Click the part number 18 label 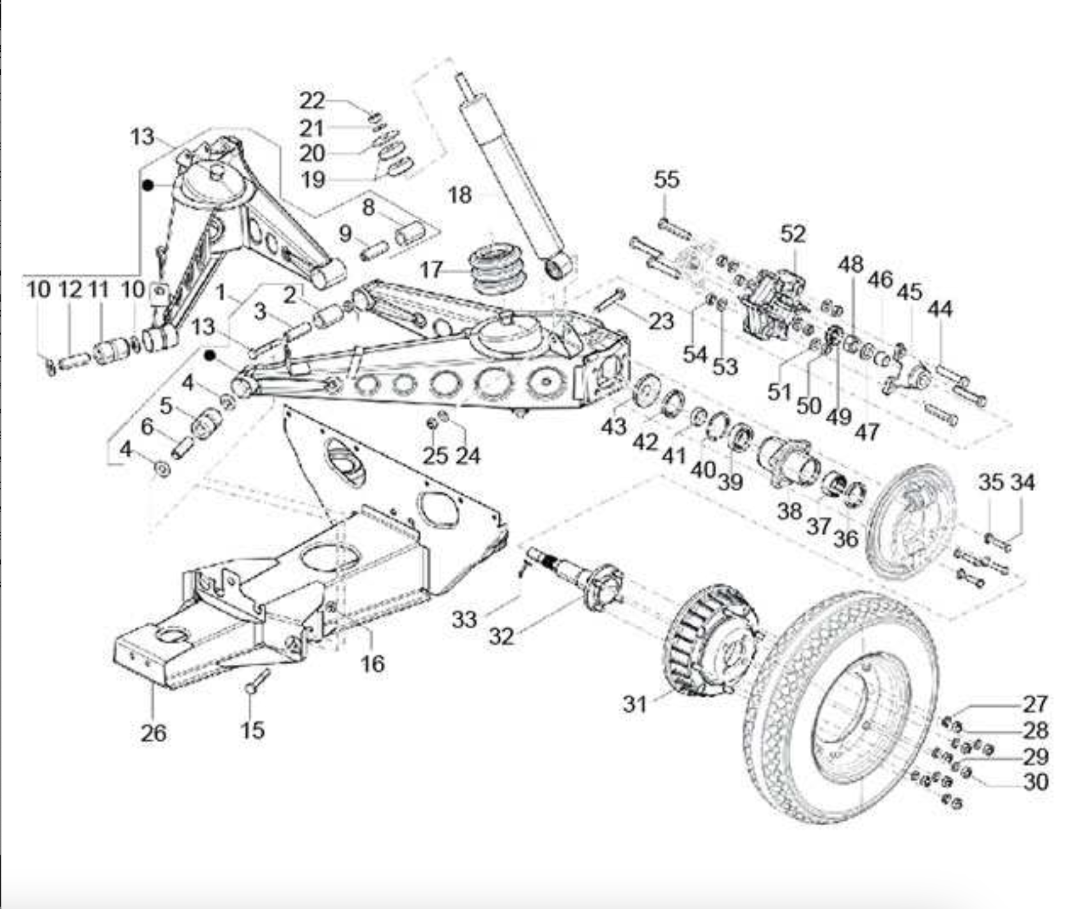point(460,194)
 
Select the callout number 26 point(153,733)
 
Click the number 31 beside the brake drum point(635,704)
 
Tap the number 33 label point(465,619)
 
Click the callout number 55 point(666,180)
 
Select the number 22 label point(312,100)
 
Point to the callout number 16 point(373,664)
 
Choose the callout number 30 point(1036,781)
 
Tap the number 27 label point(1035,704)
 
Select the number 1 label point(221,293)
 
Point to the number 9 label point(346,233)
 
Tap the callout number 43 point(613,426)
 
